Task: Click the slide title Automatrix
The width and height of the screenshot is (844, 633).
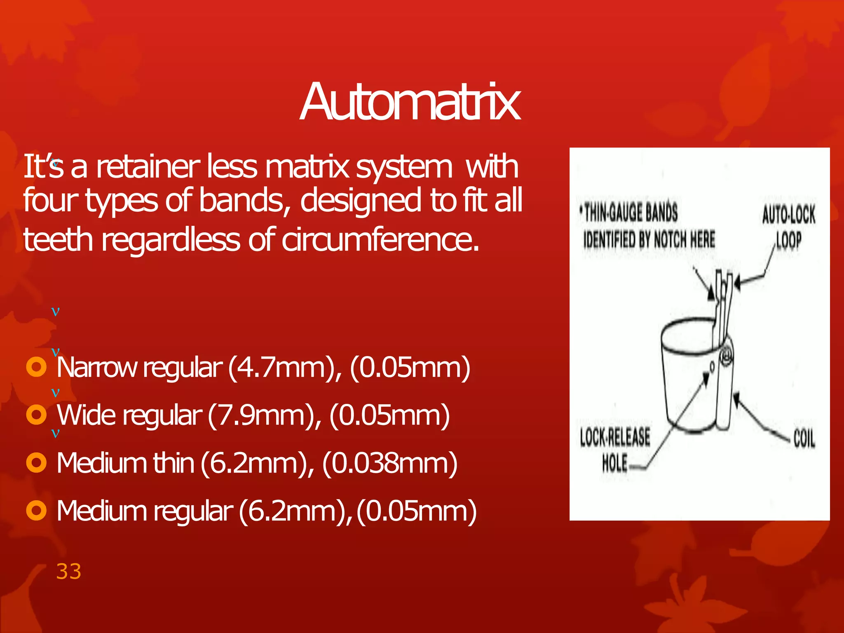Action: [x=410, y=102]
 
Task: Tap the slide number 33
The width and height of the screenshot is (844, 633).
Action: [x=69, y=572]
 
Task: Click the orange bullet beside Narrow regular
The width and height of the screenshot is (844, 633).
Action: [x=36, y=367]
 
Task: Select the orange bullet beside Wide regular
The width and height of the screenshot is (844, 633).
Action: [x=36, y=415]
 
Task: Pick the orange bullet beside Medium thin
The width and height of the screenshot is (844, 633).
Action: [x=36, y=462]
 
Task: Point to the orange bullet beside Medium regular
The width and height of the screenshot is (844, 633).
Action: [x=36, y=511]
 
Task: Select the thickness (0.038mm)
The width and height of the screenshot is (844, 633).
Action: [x=389, y=463]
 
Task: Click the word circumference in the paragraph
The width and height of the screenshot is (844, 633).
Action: [x=381, y=240]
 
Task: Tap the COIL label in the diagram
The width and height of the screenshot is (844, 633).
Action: [x=804, y=438]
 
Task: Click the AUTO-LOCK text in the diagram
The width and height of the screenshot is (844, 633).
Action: [x=788, y=215]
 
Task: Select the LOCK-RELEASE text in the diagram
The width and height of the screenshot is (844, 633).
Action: [x=615, y=437]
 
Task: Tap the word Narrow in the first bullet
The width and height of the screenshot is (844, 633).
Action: [x=97, y=368]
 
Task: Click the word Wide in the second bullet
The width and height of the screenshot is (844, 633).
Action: [x=87, y=415]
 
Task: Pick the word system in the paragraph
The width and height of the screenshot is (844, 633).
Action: [x=404, y=167]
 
